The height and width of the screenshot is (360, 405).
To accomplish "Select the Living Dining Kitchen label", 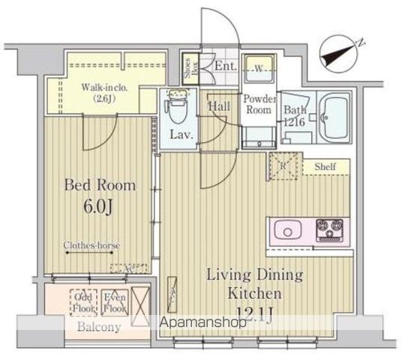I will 255,283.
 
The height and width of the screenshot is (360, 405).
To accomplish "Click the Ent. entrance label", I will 225,66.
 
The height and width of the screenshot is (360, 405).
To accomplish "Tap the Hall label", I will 219,106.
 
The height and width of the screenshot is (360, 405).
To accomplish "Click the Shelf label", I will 325,166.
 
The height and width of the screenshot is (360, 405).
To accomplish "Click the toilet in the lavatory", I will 177,109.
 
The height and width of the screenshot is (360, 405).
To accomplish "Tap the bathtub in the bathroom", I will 333,117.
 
